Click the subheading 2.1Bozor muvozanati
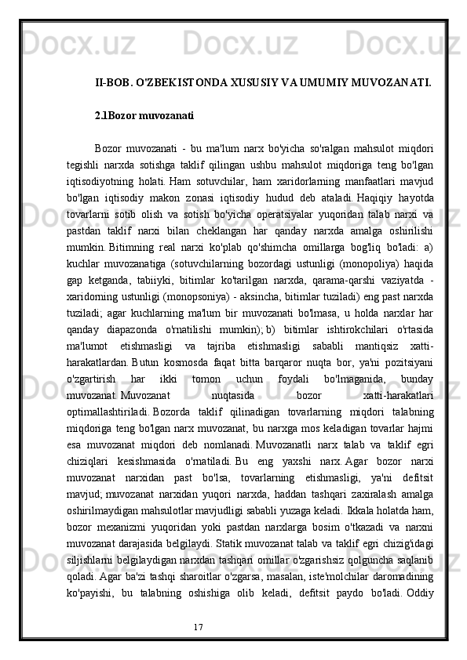coord(144,116)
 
